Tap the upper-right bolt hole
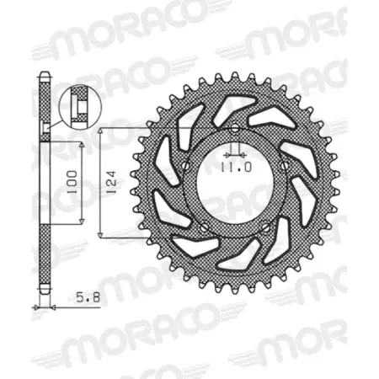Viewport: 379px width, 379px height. pyautogui.click(x=284, y=166)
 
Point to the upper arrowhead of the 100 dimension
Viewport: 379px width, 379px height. pyautogui.click(x=82, y=145)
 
